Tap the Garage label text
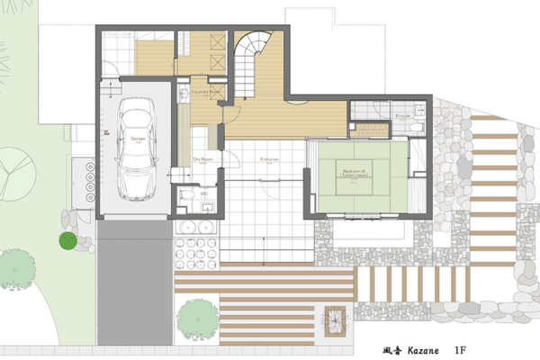[x=138, y=139]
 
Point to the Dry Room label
[x=202, y=158]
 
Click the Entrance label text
[x=268, y=159]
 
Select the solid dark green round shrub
[x=67, y=240]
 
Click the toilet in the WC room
[x=186, y=194]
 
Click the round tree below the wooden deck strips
[x=197, y=318]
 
